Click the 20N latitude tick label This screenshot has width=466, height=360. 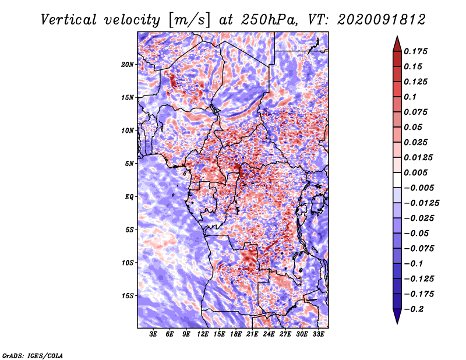tap(128, 65)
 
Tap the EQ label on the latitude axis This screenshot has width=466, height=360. tap(129, 197)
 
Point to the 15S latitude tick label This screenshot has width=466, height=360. tap(128, 296)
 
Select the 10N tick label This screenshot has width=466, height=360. tap(128, 131)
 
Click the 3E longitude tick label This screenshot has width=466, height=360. tap(153, 334)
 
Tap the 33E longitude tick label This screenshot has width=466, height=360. tap(318, 334)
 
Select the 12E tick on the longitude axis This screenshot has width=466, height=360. tap(203, 334)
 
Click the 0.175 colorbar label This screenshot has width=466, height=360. tap(416, 51)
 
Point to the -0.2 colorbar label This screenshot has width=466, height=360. tap(414, 309)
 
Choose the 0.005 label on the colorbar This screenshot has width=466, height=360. tap(416, 172)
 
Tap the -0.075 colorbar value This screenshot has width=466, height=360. tap(419, 249)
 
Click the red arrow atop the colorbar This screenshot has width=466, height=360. tap(397, 44)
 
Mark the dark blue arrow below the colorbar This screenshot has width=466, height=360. tap(397, 316)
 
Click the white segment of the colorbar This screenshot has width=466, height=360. tap(397, 180)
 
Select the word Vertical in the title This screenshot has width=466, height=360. tap(68, 20)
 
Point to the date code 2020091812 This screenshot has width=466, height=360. tap(382, 20)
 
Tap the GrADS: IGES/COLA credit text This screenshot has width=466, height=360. tap(33, 355)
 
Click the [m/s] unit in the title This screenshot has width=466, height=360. tap(189, 20)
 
